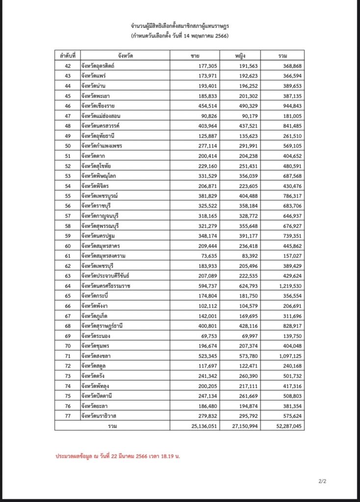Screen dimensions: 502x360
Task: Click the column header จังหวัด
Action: point(123,55)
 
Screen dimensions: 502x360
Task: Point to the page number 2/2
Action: point(322,481)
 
